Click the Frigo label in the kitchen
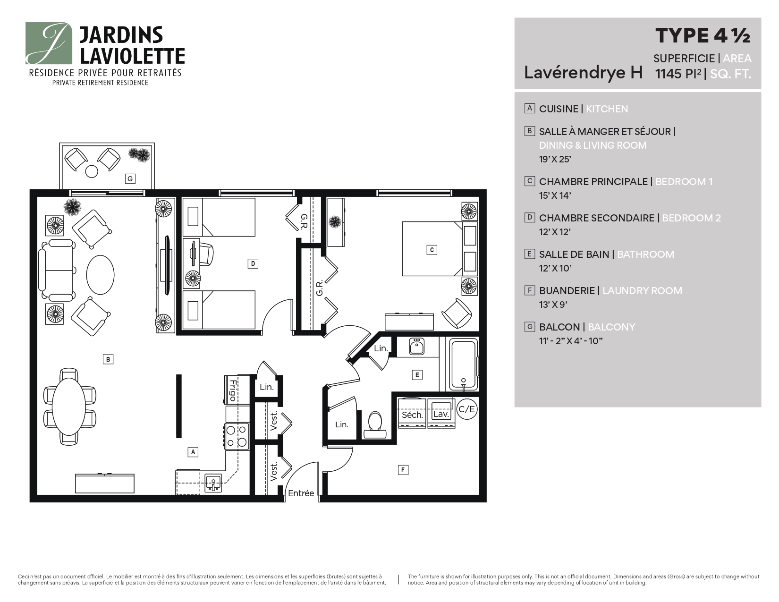(x=233, y=390)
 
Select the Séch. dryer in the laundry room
(x=412, y=413)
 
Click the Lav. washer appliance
(x=441, y=413)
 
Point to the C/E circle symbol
(x=467, y=409)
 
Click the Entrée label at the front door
(x=301, y=493)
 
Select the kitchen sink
(x=213, y=483)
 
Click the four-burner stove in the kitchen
(x=237, y=436)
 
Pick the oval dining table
(x=69, y=407)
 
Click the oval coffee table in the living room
(x=101, y=275)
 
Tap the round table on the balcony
(x=92, y=171)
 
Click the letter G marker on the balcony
(x=130, y=178)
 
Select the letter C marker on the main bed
(x=432, y=250)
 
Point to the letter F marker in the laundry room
(x=403, y=470)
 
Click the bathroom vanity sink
(x=416, y=347)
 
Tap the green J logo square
(x=49, y=43)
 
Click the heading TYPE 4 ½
(x=703, y=36)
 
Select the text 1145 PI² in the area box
(x=678, y=74)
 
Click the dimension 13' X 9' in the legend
(x=553, y=305)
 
